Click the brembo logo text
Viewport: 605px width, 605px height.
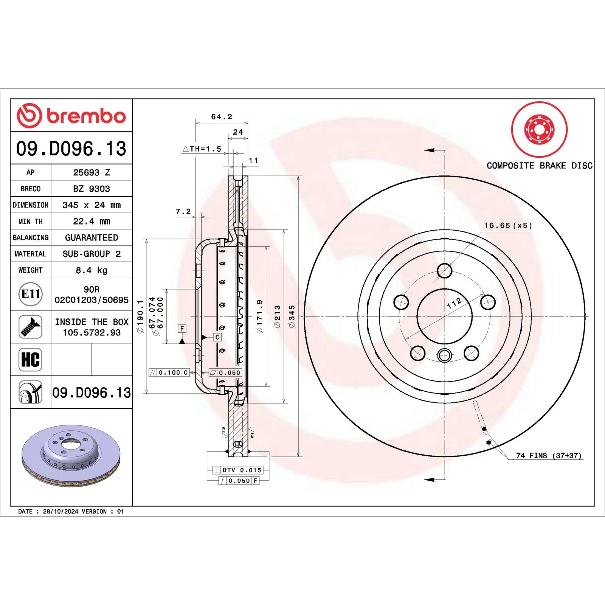pos(86,116)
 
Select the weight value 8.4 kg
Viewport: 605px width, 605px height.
pos(92,270)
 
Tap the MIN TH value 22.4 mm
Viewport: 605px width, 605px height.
pos(92,221)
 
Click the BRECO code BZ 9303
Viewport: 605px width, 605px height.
pos(92,189)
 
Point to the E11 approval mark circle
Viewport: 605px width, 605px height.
pos(31,294)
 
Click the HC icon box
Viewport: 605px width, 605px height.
pos(30,359)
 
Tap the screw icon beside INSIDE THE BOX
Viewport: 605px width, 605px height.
pos(30,327)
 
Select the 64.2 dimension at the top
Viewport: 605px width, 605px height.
pos(222,117)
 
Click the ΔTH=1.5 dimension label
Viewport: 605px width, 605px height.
pos(202,149)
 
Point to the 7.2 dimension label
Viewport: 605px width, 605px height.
pos(183,211)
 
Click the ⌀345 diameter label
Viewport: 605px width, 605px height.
pos(292,316)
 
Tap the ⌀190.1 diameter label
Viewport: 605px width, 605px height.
pos(140,316)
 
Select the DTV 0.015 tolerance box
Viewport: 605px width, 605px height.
pos(238,470)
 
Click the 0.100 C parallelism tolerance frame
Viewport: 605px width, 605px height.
pos(169,372)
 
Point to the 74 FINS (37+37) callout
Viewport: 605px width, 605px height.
pos(549,456)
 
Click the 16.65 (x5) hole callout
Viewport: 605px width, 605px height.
pos(508,226)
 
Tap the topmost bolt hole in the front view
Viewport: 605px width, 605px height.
pos(444,271)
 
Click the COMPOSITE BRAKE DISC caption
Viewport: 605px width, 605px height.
pos(539,166)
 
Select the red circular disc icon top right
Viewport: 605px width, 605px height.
pos(539,129)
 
